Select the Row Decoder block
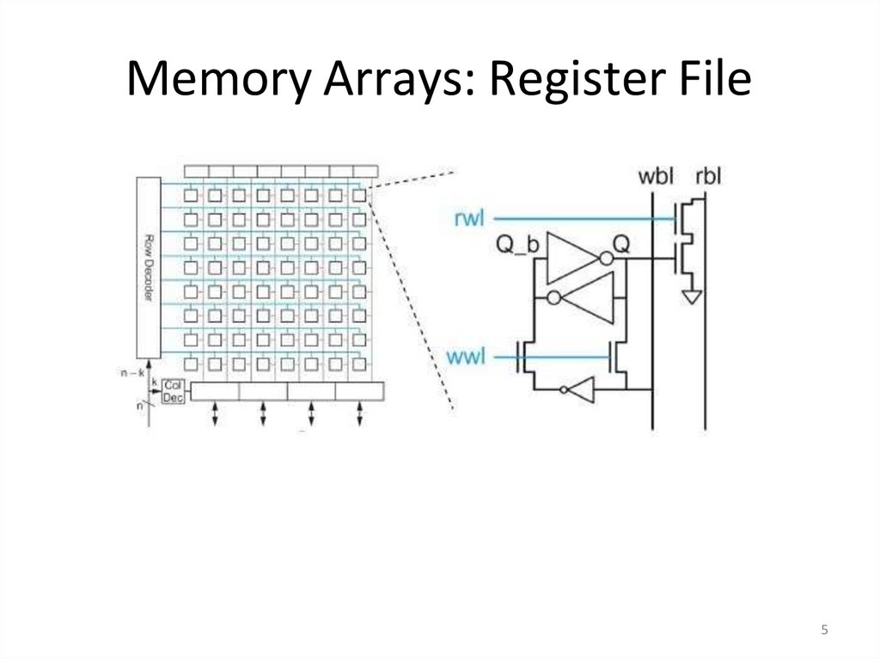(x=148, y=266)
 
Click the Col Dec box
(x=173, y=391)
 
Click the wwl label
(x=467, y=353)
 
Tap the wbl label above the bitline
(x=656, y=178)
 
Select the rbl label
(x=707, y=178)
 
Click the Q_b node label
(x=517, y=245)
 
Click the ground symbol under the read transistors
(x=691, y=296)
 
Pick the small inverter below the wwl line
(x=577, y=390)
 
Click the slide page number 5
(x=824, y=631)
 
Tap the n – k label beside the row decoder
(x=132, y=373)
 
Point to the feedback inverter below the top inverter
(x=584, y=298)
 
